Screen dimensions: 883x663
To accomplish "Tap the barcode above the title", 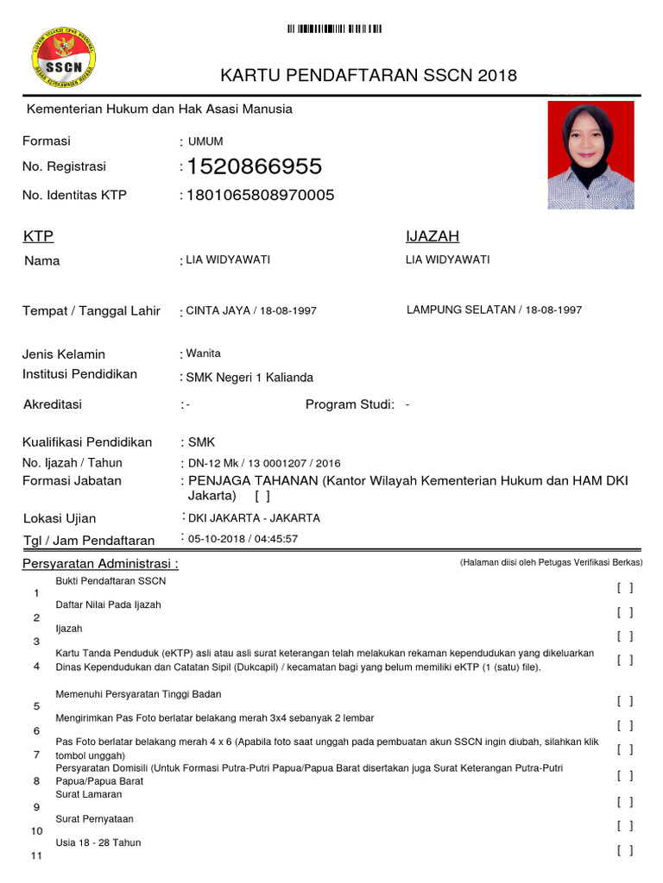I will pos(335,29).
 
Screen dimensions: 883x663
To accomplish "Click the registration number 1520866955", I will pos(255,166).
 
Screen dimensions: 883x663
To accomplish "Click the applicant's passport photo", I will pos(590,155).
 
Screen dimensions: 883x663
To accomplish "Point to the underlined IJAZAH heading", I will pos(433,236).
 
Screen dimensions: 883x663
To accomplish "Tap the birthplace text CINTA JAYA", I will pos(217,310).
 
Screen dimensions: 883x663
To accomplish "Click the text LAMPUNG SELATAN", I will pos(460,310).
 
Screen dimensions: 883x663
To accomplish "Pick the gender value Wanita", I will pos(204,353).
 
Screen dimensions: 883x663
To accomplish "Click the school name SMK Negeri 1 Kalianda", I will pos(250,378).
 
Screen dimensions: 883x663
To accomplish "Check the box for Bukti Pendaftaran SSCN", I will pos(625,588).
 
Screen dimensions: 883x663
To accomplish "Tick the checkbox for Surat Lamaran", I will pos(625,802).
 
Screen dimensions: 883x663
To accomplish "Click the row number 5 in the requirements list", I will pos(36,706).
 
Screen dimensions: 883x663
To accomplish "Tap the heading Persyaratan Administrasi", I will pos(100,564).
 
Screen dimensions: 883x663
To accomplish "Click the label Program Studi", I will pos(350,404).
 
